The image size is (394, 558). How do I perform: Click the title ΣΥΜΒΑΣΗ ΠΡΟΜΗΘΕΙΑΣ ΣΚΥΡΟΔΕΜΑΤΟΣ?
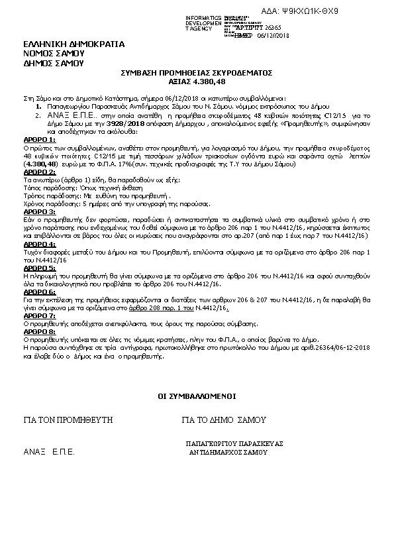(197, 72)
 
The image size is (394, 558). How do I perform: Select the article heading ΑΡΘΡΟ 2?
(39, 174)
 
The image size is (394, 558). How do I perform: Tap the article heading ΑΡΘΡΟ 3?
(39, 211)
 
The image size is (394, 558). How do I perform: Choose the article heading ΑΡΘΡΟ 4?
(39, 244)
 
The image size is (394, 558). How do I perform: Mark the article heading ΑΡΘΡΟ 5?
(39, 268)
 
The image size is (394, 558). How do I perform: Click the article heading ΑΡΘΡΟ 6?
(39, 292)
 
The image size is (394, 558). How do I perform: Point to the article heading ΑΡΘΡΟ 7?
(39, 316)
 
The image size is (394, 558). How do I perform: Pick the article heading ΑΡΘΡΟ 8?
(39, 331)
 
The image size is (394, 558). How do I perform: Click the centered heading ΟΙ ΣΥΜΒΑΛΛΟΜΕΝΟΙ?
(196, 396)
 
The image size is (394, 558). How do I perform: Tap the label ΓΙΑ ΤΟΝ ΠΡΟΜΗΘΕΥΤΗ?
(68, 420)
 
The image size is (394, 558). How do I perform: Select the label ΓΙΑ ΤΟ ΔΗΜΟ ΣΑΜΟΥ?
(223, 420)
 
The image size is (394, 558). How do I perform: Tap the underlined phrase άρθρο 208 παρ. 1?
(192, 308)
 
